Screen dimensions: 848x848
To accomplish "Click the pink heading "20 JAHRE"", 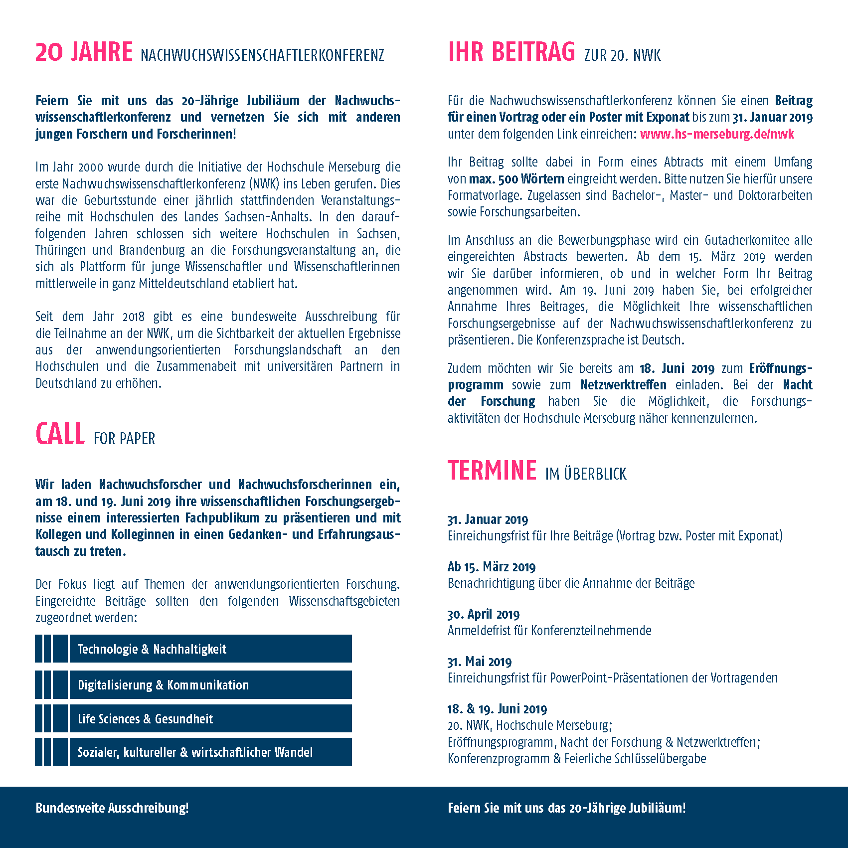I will point(84,52).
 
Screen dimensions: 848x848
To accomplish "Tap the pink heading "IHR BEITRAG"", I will point(511,52).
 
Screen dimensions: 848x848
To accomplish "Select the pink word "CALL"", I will point(60,434).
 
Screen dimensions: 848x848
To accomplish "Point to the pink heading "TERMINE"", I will point(492,471).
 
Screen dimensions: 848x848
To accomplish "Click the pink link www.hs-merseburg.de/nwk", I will point(717,134).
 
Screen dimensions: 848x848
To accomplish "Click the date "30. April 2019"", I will point(483,614).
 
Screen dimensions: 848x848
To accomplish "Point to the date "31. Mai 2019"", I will point(479,662).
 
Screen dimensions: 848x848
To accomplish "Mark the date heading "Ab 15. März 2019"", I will point(491,567).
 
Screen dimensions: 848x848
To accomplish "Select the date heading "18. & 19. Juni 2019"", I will point(497,709).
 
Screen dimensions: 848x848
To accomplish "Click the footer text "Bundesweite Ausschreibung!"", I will point(112,808).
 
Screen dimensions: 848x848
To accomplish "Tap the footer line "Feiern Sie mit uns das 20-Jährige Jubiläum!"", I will point(566,808).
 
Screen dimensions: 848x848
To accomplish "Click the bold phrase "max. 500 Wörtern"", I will point(516,179).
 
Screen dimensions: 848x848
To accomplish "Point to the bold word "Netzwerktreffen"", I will point(623,385).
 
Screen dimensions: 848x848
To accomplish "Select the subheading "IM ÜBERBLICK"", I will point(586,474).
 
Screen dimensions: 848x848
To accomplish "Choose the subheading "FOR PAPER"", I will point(124,439).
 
